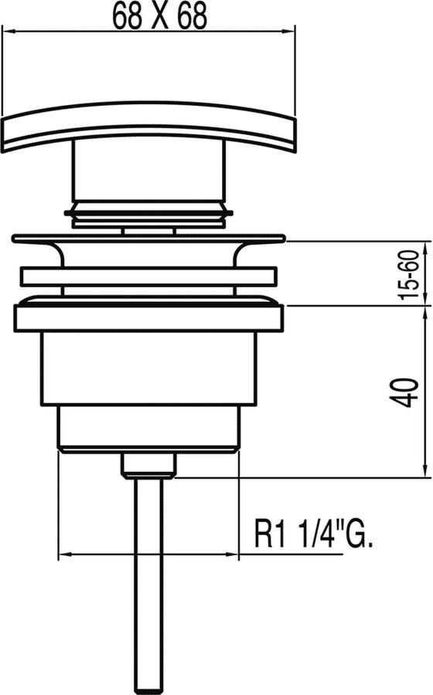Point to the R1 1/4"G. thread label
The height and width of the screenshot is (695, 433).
[x=312, y=534]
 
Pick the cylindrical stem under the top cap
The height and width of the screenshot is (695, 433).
[x=148, y=174]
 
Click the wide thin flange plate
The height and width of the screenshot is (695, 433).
[x=148, y=239]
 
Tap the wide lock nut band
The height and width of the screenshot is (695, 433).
[x=148, y=317]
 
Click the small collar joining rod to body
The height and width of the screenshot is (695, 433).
[x=148, y=466]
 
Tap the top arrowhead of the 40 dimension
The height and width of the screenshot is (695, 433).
[x=424, y=311]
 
